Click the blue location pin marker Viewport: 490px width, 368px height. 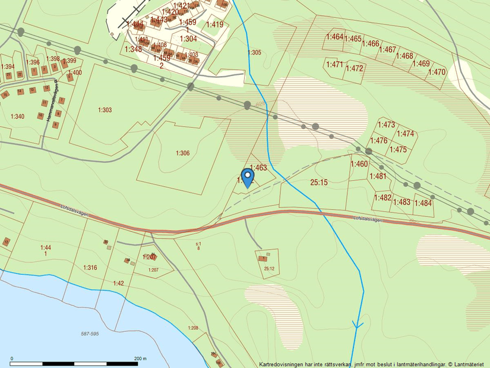[247, 177]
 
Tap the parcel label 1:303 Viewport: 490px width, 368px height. [105, 110]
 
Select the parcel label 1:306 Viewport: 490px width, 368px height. [182, 153]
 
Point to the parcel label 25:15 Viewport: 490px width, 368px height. [319, 182]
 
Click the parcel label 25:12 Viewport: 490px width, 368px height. [269, 269]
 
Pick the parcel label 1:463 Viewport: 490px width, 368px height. [259, 168]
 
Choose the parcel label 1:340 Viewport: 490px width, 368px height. [17, 117]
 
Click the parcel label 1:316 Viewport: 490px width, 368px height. [90, 268]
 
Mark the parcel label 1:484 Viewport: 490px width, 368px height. [423, 203]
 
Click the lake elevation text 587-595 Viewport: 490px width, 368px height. [90, 335]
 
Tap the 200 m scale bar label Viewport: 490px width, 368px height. [140, 358]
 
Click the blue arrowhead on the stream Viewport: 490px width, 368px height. [358, 325]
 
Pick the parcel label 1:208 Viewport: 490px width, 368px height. [192, 328]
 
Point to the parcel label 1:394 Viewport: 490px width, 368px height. [8, 67]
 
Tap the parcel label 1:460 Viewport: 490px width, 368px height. [359, 164]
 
